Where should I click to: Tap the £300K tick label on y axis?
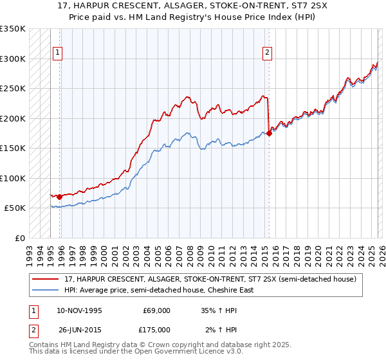[x=13, y=59]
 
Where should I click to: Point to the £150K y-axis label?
[x=13, y=148]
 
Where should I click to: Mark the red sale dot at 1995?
[x=60, y=197]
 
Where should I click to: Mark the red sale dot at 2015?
[x=269, y=133]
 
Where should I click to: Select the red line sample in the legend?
[x=46, y=279]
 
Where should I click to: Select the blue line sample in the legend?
[x=46, y=290]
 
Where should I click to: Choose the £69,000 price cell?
[x=156, y=310]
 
